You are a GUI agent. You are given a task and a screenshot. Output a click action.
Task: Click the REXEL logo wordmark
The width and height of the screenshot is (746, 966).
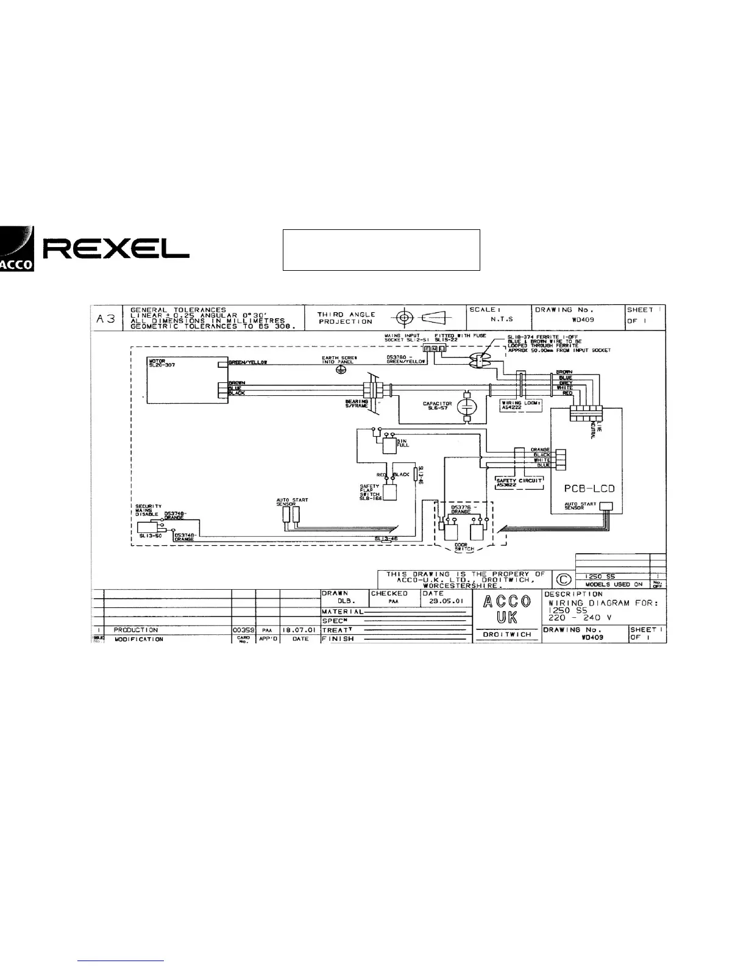point(116,248)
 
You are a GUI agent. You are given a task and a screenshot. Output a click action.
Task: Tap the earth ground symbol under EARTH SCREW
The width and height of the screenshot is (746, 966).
point(342,370)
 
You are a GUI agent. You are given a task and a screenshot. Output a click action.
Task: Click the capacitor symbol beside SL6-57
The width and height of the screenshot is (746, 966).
point(467,406)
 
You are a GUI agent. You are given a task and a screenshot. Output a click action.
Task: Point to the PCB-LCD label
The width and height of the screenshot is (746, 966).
point(588,488)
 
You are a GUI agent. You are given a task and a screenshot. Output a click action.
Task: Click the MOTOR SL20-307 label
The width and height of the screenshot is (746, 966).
point(157,363)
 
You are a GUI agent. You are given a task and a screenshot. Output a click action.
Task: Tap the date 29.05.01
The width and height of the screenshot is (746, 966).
point(446,601)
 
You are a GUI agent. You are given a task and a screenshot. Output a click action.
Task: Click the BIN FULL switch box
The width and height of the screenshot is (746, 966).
point(388,445)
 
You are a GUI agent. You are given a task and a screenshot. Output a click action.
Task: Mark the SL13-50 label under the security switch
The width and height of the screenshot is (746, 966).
point(149,535)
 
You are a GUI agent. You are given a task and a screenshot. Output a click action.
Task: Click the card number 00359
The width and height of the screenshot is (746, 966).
point(243,629)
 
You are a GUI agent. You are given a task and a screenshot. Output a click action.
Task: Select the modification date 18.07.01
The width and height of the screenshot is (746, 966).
point(300,629)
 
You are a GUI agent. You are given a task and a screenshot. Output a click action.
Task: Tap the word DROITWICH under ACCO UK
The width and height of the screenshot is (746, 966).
point(506,634)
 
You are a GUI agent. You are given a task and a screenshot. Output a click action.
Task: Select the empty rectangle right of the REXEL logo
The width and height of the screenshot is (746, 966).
point(381,250)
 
